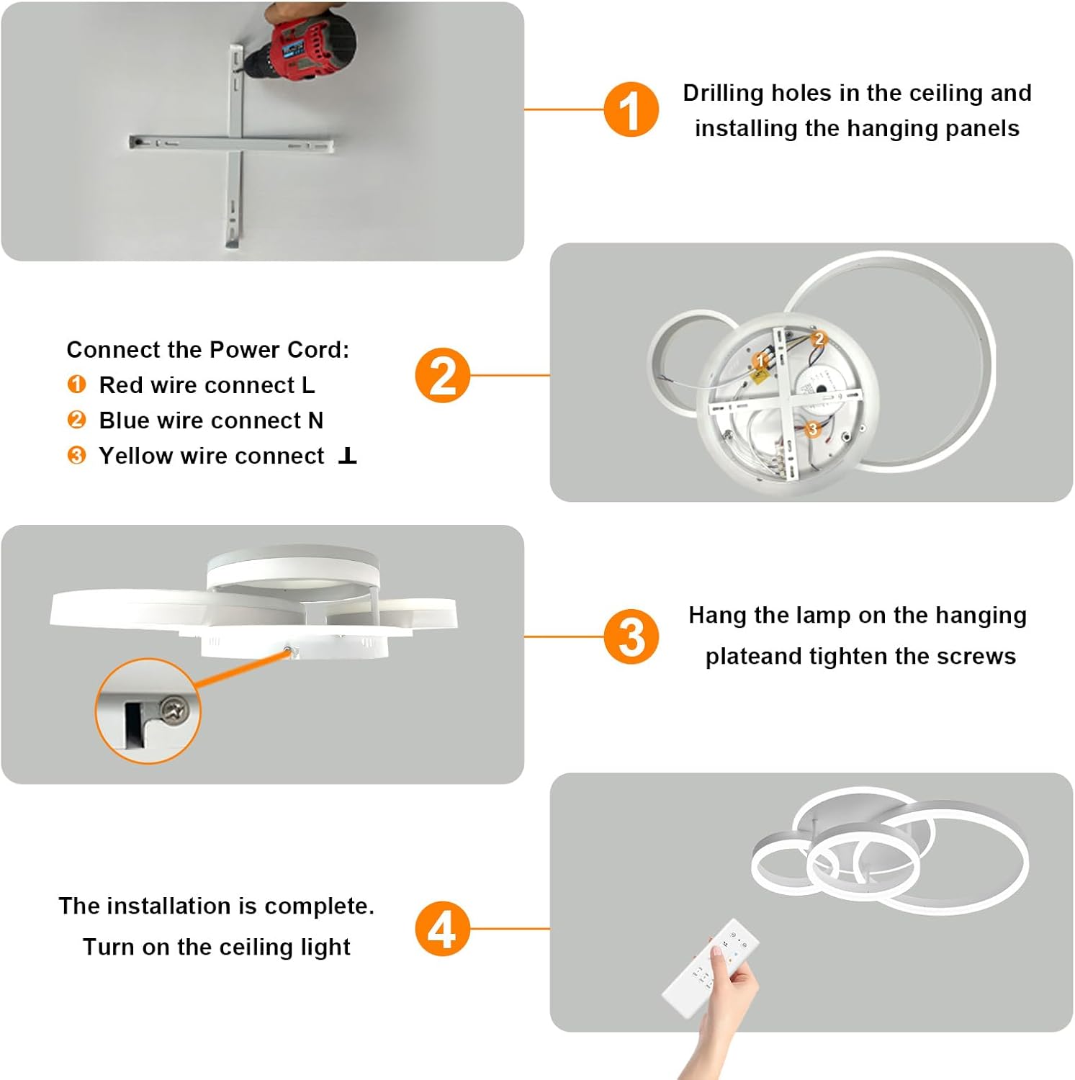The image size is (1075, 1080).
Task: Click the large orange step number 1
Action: (631, 110)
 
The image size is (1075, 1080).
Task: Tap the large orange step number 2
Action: (442, 375)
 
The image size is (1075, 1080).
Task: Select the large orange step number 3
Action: (631, 636)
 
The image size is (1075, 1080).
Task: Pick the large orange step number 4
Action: (442, 929)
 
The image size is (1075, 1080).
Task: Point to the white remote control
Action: (709, 968)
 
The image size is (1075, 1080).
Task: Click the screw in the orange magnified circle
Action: (174, 711)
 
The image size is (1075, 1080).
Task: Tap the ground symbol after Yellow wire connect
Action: (347, 456)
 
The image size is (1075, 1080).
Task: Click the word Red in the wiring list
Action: (120, 385)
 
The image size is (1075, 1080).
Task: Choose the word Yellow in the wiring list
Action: (136, 456)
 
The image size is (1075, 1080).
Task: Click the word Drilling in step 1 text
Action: (723, 93)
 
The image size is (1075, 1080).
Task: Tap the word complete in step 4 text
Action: (319, 906)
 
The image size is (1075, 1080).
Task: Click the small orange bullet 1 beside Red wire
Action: (76, 384)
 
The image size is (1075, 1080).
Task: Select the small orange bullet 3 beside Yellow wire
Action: (76, 456)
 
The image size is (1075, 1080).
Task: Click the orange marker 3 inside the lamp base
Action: (813, 429)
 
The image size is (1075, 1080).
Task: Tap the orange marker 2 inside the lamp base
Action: (819, 338)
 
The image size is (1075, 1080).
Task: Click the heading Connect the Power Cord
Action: (207, 350)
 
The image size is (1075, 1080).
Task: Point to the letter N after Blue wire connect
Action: (315, 420)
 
